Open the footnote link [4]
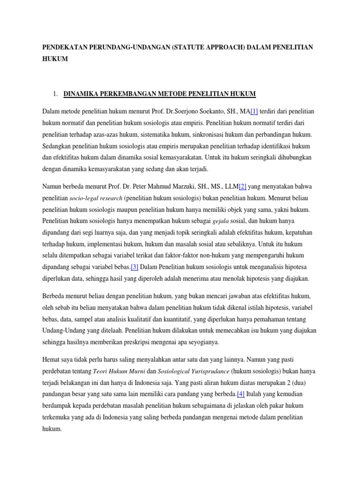click(241, 394)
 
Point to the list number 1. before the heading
click(55, 94)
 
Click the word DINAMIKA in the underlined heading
click(84, 94)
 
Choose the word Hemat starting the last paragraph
click(52, 360)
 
